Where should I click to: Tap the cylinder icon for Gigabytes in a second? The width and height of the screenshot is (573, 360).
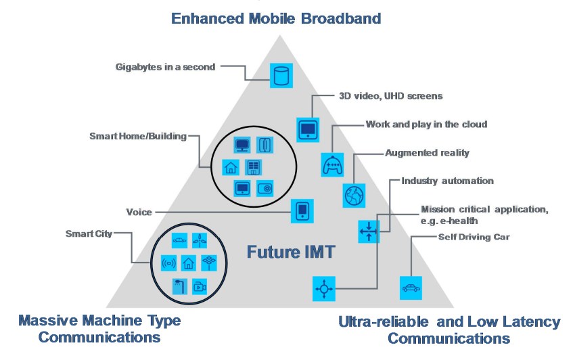(279, 75)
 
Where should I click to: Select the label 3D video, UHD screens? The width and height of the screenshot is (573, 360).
(390, 96)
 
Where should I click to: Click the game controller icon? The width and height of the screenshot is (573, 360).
(331, 164)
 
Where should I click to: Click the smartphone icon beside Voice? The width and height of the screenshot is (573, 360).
(302, 211)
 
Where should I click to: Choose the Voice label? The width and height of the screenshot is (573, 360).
(139, 212)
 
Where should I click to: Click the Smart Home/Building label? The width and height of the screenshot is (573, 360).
(137, 137)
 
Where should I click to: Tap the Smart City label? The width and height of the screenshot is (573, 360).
(89, 234)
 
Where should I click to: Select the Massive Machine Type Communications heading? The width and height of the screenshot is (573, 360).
(99, 328)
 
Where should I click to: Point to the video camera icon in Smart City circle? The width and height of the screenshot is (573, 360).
(199, 286)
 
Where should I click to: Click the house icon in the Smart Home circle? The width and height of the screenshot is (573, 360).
(231, 166)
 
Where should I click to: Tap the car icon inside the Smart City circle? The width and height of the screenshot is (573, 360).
(179, 240)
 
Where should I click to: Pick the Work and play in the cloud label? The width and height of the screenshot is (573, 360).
(426, 125)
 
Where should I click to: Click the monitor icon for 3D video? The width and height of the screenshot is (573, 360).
(308, 129)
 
